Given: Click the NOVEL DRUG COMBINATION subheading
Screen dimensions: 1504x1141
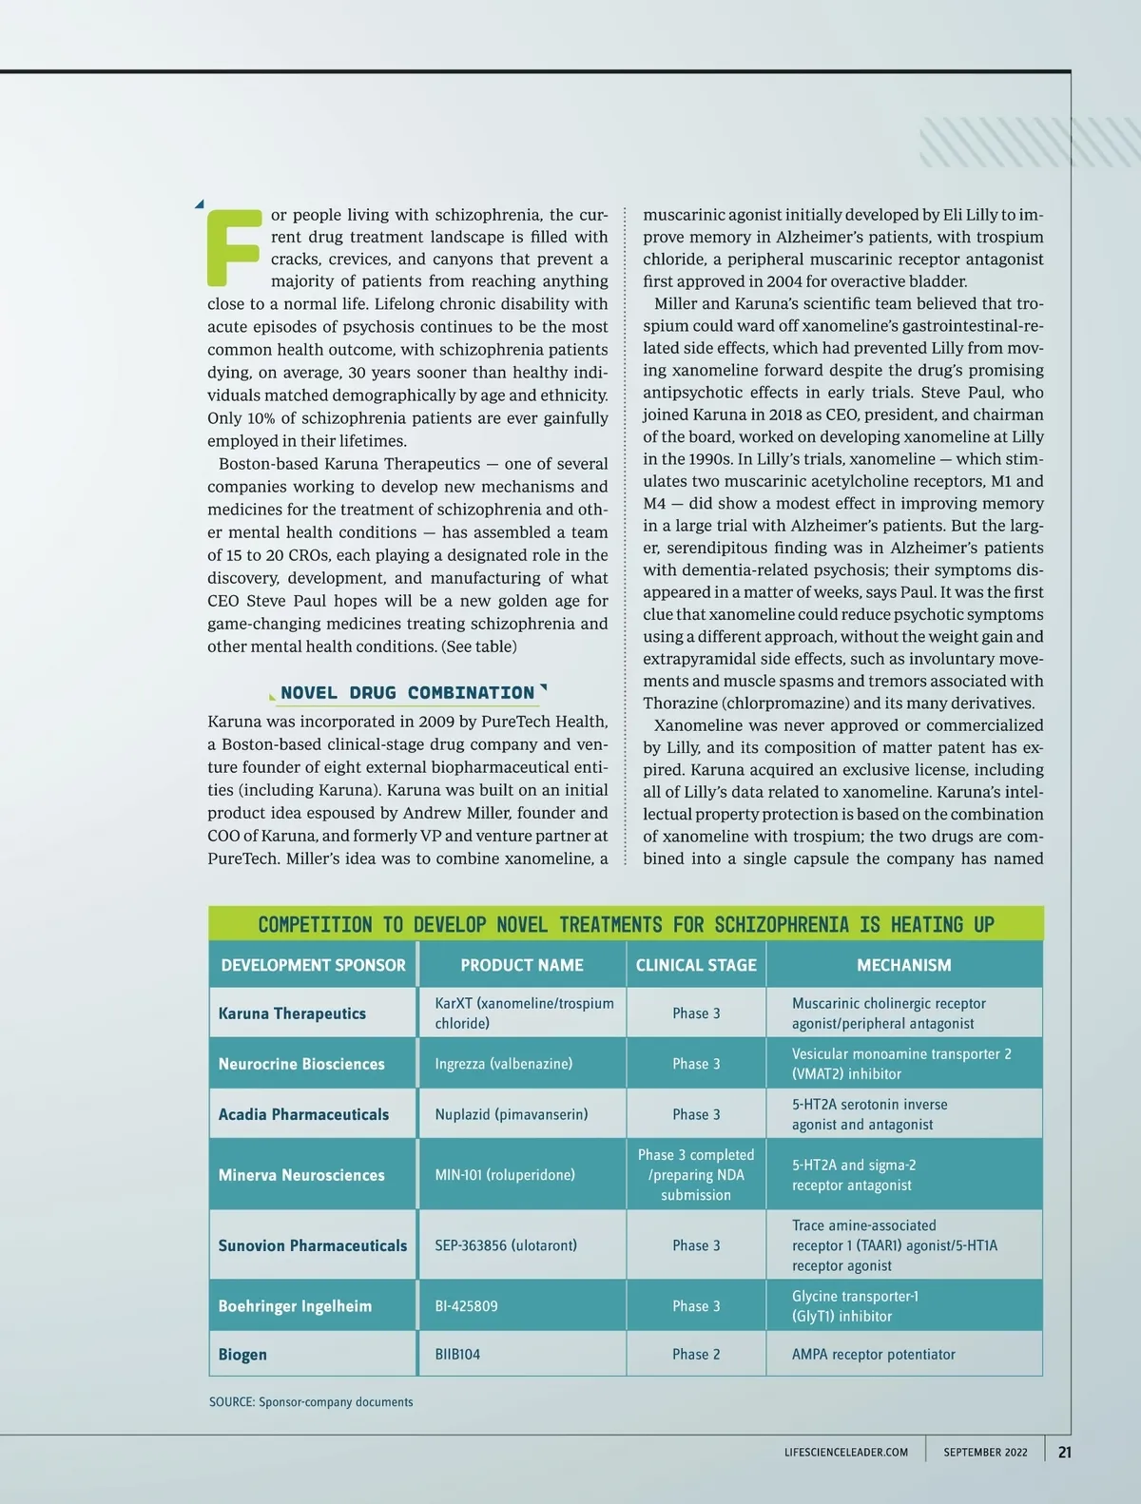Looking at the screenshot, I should tap(407, 693).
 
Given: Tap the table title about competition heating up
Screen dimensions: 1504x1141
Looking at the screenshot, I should tap(626, 924).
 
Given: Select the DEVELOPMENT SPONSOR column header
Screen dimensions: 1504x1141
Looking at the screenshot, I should tap(313, 965).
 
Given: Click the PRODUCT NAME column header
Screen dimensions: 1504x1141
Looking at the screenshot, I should tap(522, 965).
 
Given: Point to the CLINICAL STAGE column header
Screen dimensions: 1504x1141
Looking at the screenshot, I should tap(696, 965).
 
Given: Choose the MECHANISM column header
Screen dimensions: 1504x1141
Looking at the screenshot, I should tap(903, 965).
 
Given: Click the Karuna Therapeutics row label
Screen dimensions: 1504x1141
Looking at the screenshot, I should tap(292, 1013).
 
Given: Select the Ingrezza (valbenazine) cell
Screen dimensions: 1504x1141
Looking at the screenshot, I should tap(504, 1064).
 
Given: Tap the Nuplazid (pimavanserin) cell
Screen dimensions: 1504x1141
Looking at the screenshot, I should tap(512, 1114).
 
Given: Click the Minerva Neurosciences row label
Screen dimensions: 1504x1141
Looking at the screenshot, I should tap(301, 1175).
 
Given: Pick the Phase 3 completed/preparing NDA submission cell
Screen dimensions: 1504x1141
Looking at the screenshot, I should tap(696, 1175).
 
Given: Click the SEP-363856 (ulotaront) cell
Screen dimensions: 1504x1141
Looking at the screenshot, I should tap(506, 1245).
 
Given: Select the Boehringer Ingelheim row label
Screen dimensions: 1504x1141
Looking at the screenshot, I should tap(295, 1306).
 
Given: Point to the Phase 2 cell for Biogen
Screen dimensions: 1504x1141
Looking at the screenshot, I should tap(696, 1354).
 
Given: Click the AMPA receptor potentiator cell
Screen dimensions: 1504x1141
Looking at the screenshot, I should tap(873, 1354).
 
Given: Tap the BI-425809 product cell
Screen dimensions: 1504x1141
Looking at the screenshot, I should tap(466, 1306).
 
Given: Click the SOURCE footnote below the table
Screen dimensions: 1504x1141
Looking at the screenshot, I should tap(311, 1402).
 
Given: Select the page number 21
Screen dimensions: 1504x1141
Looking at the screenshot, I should tap(1065, 1452).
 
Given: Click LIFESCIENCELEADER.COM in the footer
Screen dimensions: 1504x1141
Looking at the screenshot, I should tap(846, 1453).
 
